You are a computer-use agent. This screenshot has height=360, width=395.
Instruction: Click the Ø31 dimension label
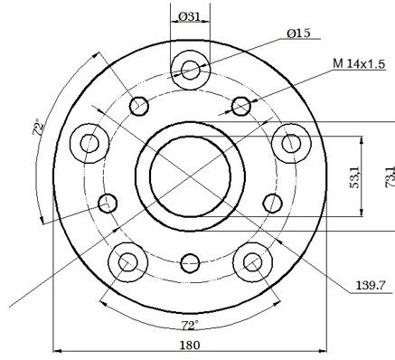189,16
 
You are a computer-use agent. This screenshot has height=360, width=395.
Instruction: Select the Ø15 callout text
298,33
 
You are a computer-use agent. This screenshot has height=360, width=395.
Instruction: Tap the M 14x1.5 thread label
359,63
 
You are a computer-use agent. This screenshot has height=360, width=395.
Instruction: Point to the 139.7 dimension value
371,285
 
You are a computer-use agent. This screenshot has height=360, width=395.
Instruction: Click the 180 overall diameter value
190,345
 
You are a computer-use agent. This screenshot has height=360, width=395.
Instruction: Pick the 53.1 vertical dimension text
354,177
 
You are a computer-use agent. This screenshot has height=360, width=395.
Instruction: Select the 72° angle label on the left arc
38,128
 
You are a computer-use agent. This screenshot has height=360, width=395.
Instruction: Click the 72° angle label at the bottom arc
190,326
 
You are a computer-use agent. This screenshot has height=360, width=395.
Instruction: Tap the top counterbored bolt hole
190,70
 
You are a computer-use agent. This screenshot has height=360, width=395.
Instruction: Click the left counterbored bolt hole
89,143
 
